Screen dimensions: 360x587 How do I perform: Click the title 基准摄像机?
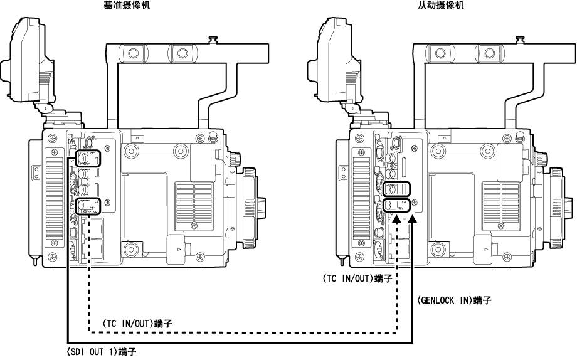pyautogui.click(x=127, y=4)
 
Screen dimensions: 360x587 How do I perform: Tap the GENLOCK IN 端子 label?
pyautogui.click(x=453, y=300)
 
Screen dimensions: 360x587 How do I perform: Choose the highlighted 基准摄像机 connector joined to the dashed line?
pyautogui.click(x=89, y=205)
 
